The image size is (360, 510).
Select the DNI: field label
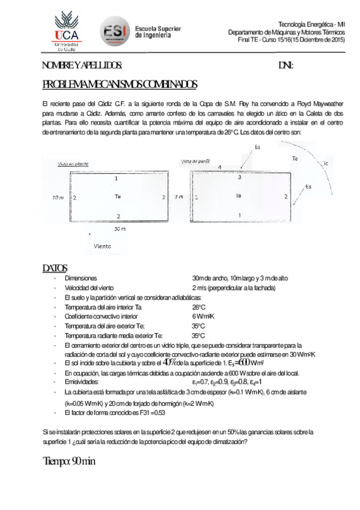coord(285,66)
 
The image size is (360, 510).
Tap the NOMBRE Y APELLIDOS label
coord(82,66)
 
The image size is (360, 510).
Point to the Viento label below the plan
coord(103,246)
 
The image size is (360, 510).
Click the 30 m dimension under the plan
coord(120,229)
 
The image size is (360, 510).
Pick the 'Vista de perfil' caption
coord(195,161)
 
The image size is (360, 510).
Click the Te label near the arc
coord(294,159)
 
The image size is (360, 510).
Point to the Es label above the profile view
coord(257,147)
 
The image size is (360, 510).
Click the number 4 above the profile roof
coord(219,167)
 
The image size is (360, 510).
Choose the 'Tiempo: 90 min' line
coord(69,461)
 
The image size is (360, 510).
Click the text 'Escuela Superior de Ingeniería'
coord(157,32)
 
